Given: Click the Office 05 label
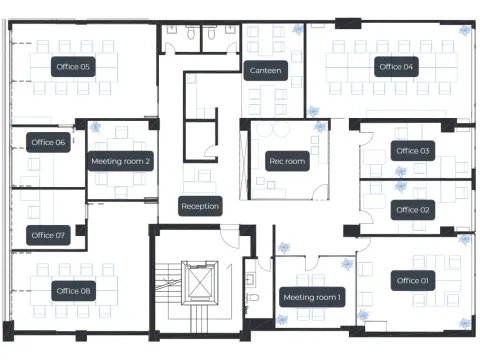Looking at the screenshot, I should coord(73,67).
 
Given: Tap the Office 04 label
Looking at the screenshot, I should coord(396,67).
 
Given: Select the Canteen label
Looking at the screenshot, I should coord(265,70).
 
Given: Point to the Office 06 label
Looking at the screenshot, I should coord(48,143).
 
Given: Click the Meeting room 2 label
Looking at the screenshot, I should coord(120,161).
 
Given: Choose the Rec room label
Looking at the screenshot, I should coord(287,161).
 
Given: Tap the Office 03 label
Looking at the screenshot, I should coord(413,151).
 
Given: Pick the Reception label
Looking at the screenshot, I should coord(200,206).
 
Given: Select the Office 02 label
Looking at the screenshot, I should coord(412,210).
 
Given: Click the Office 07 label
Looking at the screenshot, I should coord(48,235).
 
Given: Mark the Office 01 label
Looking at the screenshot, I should coord(413,281).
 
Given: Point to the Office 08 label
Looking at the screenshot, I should coord(73,291).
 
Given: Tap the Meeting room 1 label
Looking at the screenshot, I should coord(312,297).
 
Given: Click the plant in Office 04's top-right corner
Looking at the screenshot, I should coord(464,31).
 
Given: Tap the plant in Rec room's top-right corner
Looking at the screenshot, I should coord(320,127).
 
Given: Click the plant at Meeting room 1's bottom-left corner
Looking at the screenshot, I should coord(282,320).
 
